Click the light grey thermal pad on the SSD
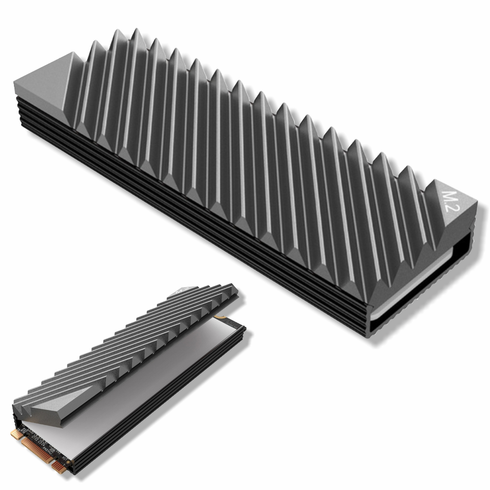[x=144, y=383]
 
